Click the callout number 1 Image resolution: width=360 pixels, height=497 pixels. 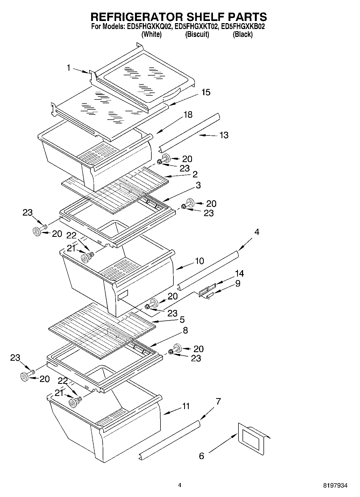(69, 68)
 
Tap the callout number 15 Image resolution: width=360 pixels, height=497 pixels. (206, 92)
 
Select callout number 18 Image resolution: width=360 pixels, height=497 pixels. (188, 115)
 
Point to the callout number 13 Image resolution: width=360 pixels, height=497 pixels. (224, 135)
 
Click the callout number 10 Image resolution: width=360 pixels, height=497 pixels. (199, 261)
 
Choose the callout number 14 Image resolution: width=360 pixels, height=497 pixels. (239, 274)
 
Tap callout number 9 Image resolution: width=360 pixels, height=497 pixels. (238, 283)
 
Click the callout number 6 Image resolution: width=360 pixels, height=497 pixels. (201, 456)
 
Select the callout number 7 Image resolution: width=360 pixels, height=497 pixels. (218, 402)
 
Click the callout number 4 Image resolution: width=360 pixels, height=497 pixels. (257, 232)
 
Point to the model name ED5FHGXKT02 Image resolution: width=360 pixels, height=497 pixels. (197, 27)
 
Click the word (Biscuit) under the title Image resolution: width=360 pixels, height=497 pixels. (197, 34)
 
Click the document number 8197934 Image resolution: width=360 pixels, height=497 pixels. (335, 485)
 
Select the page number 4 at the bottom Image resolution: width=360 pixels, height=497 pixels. (180, 485)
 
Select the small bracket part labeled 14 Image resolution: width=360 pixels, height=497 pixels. (207, 290)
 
